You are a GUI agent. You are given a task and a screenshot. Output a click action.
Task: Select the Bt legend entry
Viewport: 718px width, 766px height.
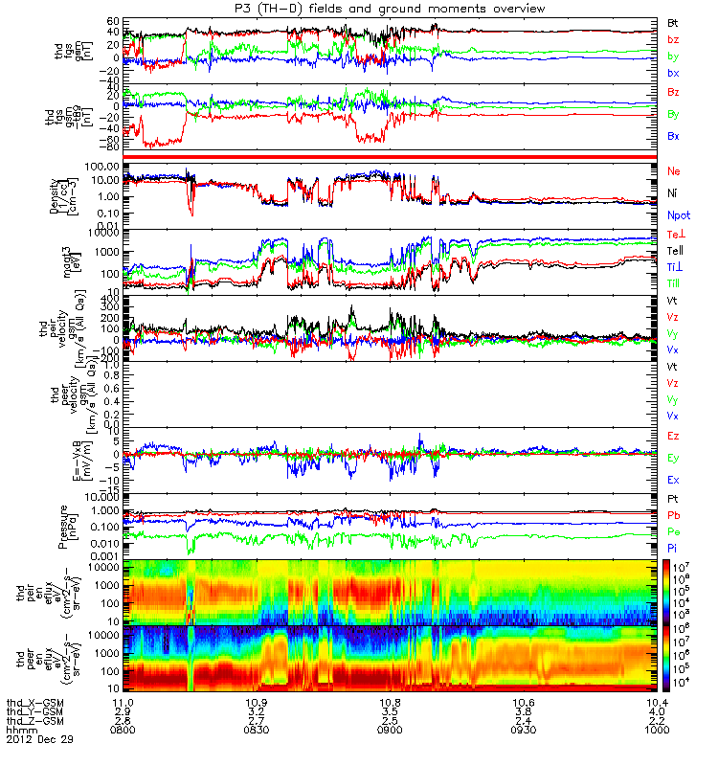tap(674, 21)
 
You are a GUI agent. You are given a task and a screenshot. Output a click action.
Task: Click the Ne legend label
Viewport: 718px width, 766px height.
tap(674, 170)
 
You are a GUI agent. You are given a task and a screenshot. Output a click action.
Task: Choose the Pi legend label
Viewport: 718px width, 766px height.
tap(673, 549)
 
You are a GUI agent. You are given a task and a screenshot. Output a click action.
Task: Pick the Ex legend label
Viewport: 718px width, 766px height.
tap(674, 479)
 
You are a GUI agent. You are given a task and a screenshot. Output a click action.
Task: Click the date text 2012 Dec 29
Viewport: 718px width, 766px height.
tap(39, 740)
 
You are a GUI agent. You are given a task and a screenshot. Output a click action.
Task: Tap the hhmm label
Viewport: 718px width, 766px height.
tap(19, 731)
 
